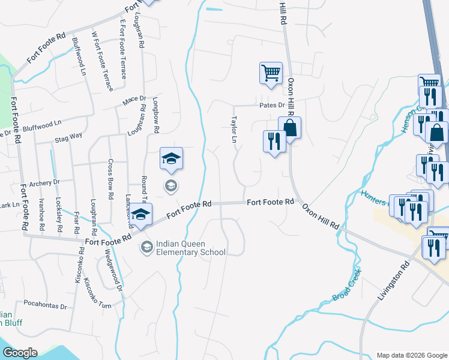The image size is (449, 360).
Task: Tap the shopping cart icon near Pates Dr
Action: click(x=271, y=74)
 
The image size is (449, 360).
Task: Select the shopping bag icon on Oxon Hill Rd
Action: click(x=289, y=128)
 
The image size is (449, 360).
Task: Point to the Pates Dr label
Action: click(x=272, y=105)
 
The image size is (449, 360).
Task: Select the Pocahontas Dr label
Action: click(x=46, y=305)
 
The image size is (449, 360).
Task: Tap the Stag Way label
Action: click(x=68, y=137)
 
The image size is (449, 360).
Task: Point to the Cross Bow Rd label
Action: click(x=110, y=179)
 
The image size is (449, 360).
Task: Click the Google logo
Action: click(x=20, y=352)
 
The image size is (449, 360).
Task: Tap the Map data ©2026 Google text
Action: click(x=411, y=355)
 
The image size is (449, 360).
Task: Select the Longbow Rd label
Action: click(x=155, y=115)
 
